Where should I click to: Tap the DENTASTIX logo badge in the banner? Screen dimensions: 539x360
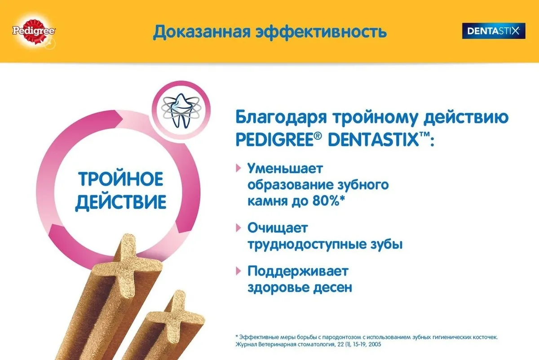point(494,31)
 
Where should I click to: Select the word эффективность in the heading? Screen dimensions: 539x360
point(321,32)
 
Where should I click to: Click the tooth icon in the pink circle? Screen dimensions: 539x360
point(181,110)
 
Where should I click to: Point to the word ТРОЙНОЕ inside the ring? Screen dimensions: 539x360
point(120,179)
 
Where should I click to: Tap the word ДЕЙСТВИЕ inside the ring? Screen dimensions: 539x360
point(120,202)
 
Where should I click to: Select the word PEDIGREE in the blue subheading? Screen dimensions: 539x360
point(275,140)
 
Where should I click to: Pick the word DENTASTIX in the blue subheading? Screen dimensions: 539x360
point(373,140)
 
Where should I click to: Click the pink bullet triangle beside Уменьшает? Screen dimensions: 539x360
point(238,168)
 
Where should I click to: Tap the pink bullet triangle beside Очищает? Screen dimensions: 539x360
point(238,227)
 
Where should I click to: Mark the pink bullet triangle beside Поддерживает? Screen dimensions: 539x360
point(238,271)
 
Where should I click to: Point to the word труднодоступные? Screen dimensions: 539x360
point(305,244)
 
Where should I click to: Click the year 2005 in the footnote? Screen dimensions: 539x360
point(375,344)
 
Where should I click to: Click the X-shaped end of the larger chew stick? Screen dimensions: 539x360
point(127,264)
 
